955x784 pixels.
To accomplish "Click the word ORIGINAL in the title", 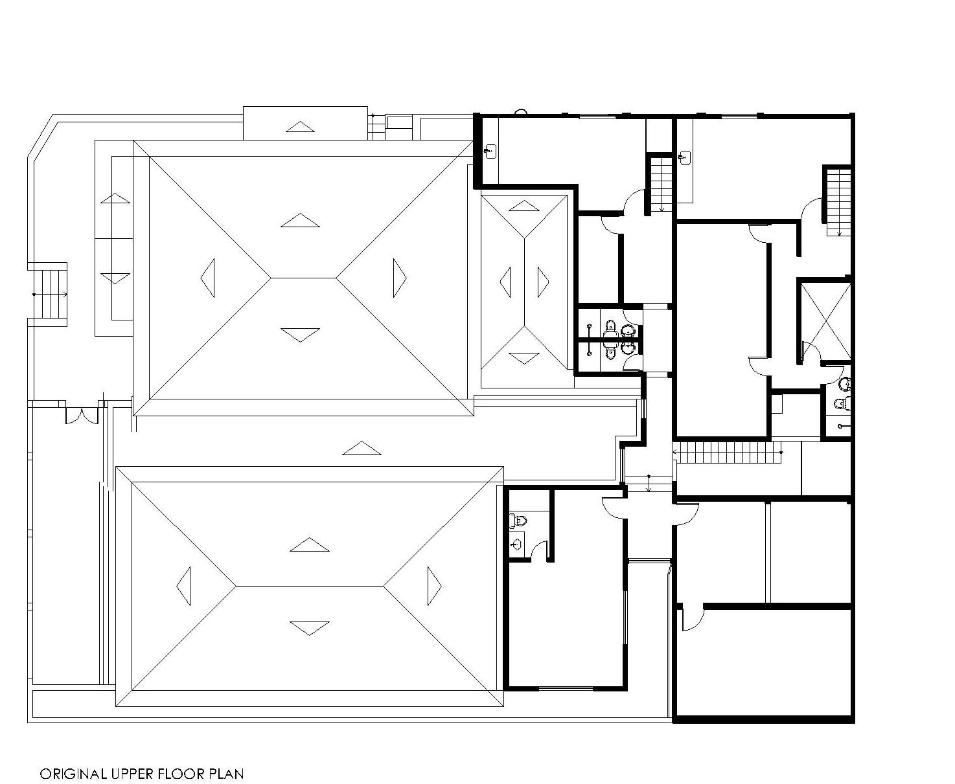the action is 73,774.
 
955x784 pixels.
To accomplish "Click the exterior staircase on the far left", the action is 53,294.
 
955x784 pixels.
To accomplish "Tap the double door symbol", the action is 82,416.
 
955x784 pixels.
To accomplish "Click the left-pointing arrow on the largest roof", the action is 207,278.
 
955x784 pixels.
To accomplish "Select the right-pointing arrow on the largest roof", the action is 400,278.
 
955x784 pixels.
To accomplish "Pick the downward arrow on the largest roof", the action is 300,334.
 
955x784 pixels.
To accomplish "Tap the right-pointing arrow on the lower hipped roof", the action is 434,586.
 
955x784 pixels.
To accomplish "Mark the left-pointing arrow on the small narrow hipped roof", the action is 505,282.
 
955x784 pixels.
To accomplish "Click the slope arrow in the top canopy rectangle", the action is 300,127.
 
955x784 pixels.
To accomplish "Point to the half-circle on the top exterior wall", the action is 521,111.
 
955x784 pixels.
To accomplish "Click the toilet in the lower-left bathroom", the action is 518,521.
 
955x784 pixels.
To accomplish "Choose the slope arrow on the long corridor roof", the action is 362,448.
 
